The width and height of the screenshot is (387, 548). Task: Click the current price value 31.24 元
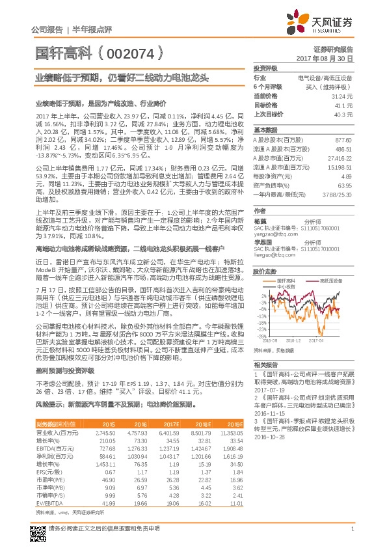[x=342, y=96]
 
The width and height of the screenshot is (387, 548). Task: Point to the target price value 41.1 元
[x=343, y=104]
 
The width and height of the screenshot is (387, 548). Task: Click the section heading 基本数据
[x=265, y=130]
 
